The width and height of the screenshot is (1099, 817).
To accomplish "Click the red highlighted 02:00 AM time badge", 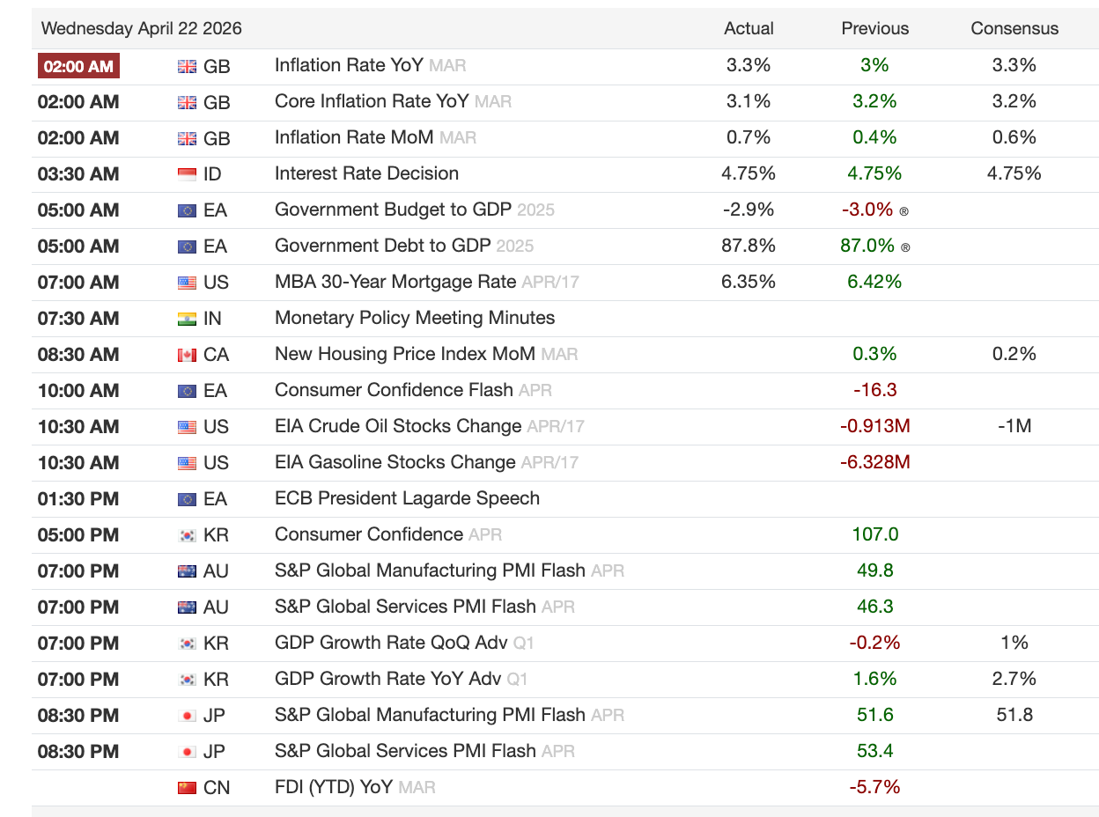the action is point(78,66).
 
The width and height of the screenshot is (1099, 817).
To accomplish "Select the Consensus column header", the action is point(1014,28).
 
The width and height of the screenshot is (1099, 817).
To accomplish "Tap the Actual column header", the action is point(749,28).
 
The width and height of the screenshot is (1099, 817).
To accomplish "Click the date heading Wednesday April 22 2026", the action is point(141,28).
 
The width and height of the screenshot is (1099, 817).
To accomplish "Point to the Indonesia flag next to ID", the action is point(187,174).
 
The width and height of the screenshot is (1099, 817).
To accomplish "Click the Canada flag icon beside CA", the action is point(187,355).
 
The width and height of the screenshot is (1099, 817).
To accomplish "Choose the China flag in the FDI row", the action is point(187,788).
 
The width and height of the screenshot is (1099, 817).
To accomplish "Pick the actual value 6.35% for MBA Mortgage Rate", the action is point(749,282).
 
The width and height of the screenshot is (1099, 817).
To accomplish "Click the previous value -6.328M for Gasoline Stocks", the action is point(875,461).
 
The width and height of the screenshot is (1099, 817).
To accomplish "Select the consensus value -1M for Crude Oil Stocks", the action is point(1014,426).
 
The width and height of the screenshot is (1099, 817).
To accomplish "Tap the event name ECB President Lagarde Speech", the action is point(408,498).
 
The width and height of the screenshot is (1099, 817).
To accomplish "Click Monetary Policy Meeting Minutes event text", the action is point(415,318).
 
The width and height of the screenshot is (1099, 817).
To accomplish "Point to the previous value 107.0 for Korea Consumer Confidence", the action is point(875,534).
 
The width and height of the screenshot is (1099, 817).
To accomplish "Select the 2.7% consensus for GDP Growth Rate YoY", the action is point(1014,678).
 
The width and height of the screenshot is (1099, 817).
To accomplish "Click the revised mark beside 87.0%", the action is point(905,247).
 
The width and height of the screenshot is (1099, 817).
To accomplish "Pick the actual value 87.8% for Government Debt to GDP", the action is point(749,246).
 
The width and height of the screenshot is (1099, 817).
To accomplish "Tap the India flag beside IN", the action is point(187,319).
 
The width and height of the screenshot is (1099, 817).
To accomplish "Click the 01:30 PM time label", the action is point(78,498).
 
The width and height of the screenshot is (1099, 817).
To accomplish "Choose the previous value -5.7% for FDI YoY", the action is point(875,787).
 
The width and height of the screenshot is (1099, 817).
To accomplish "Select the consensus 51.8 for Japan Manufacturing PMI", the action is point(1014,715).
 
